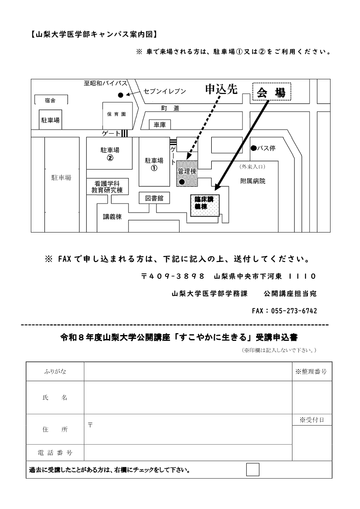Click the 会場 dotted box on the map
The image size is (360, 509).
pos(272,92)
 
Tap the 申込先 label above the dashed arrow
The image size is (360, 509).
pos(221,89)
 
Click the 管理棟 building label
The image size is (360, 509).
pos(187,171)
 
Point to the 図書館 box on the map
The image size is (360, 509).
pos(155,198)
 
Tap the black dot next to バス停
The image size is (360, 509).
pos(253,148)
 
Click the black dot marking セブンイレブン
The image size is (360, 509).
pos(121,95)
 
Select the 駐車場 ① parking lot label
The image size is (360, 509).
pos(154,164)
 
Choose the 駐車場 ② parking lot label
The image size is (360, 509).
pos(110,154)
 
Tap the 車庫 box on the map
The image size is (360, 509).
pos(160,125)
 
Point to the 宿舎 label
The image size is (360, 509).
pos(50,101)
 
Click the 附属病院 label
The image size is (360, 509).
pos(253,181)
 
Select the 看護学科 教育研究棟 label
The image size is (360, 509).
pos(107,187)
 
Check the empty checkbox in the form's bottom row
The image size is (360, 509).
pos(253,470)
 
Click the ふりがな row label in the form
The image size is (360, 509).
pos(55,371)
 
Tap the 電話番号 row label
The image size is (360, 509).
pos(55,452)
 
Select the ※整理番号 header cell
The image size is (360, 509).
pos(311,372)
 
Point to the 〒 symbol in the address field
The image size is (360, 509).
pos(90,425)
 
